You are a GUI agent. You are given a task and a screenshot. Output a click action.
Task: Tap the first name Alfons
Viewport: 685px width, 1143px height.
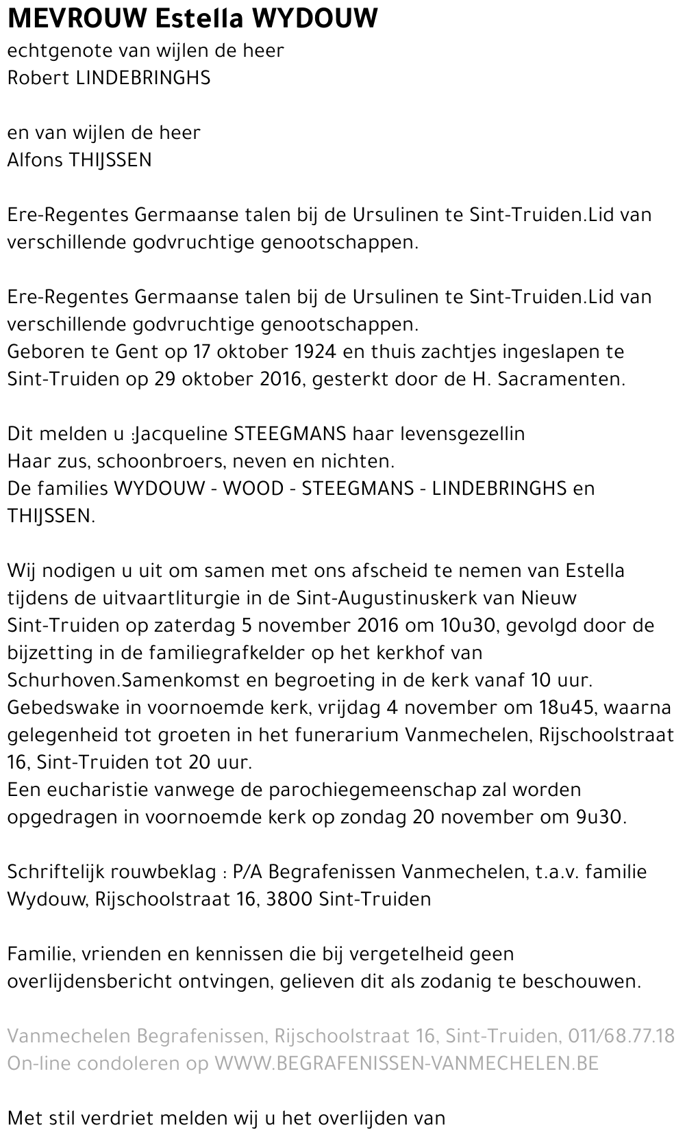[34, 160]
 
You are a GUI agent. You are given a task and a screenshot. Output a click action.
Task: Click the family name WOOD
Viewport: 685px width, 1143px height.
[253, 489]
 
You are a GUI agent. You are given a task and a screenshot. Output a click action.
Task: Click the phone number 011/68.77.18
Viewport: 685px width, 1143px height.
[621, 1036]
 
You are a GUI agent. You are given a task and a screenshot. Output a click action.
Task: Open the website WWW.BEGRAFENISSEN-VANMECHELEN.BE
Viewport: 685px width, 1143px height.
[407, 1064]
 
